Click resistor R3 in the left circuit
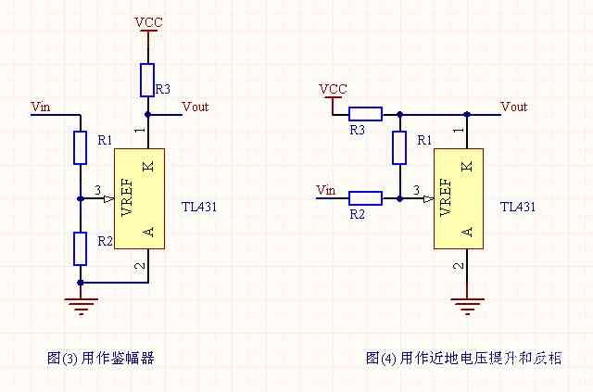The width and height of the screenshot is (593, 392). pyautogui.click(x=146, y=80)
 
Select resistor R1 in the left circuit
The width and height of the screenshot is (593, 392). pyautogui.click(x=80, y=147)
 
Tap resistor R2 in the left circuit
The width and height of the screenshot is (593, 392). pyautogui.click(x=80, y=247)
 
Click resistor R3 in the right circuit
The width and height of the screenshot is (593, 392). pyautogui.click(x=365, y=115)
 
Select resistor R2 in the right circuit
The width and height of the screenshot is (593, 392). pyautogui.click(x=365, y=197)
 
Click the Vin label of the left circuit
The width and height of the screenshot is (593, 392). pyautogui.click(x=41, y=107)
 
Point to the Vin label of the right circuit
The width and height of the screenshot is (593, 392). pyautogui.click(x=325, y=190)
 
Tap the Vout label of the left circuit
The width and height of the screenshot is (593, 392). pyautogui.click(x=196, y=107)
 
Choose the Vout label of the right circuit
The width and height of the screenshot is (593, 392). pyautogui.click(x=513, y=107)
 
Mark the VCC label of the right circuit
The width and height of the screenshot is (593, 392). pyautogui.click(x=333, y=89)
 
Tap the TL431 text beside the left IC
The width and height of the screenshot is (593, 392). pyautogui.click(x=200, y=207)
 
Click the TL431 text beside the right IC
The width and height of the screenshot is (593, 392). pyautogui.click(x=517, y=207)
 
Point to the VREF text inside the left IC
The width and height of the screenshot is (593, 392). pyautogui.click(x=127, y=197)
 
